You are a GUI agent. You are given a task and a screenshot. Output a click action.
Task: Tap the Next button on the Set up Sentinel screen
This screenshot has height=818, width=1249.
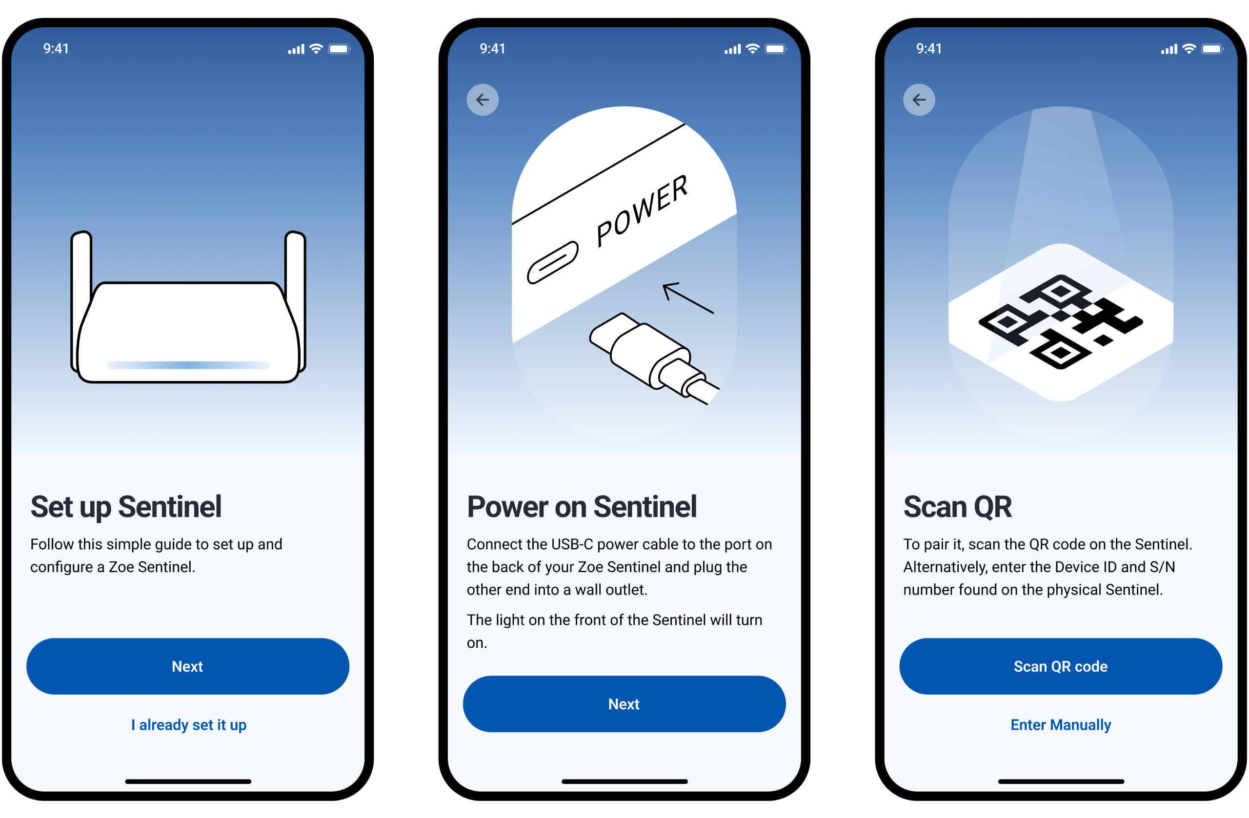(x=187, y=666)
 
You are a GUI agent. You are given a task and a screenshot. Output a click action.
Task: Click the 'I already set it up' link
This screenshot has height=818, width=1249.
(x=188, y=725)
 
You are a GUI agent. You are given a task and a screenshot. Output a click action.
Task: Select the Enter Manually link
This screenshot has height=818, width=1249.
(x=1061, y=725)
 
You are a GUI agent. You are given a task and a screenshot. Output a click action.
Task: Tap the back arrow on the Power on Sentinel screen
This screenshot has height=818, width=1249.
(x=483, y=100)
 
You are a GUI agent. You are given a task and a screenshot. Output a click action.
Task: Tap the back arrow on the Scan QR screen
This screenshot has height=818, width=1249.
(x=919, y=100)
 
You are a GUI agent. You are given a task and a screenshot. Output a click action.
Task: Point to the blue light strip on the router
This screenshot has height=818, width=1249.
(x=188, y=365)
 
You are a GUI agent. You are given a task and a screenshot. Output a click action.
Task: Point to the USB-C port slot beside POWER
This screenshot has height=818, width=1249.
(x=553, y=262)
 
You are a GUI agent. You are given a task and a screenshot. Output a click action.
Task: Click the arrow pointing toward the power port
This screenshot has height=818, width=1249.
(x=688, y=298)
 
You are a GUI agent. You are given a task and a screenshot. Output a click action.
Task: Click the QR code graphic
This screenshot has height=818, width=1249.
(x=1061, y=321)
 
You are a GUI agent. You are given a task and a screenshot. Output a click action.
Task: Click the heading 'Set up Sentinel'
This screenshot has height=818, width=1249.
(x=126, y=507)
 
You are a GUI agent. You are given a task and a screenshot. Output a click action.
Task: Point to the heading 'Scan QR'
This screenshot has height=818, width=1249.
(x=957, y=507)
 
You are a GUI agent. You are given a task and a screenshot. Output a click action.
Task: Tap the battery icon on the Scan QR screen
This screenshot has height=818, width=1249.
(x=1212, y=49)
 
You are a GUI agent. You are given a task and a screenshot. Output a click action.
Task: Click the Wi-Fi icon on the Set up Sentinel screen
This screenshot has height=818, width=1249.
(x=316, y=49)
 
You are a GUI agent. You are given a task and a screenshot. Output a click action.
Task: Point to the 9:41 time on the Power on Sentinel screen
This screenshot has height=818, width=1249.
(x=492, y=49)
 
